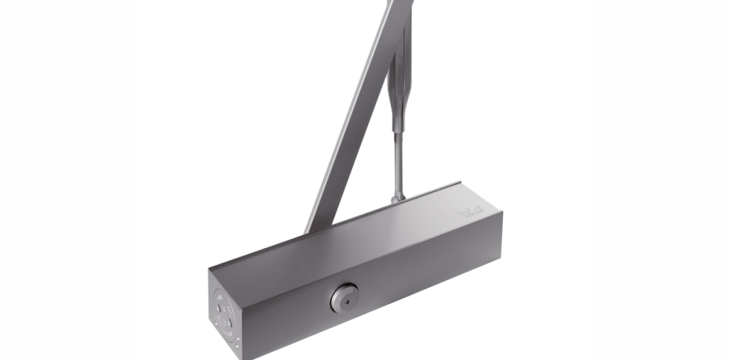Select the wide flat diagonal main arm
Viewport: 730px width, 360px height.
349,122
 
